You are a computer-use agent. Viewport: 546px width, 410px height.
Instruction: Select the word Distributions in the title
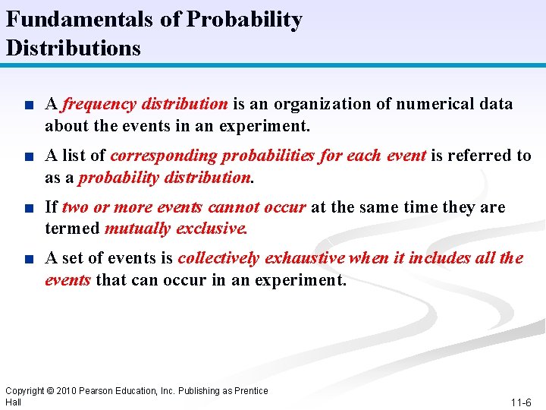click(x=73, y=49)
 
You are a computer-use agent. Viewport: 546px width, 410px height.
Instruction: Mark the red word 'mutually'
click(x=137, y=228)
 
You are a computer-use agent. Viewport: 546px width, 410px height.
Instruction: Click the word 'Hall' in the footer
click(x=13, y=402)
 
